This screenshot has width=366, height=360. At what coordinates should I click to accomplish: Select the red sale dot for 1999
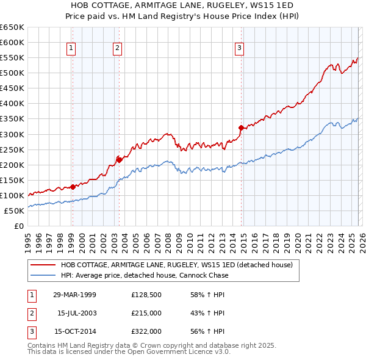point(73,187)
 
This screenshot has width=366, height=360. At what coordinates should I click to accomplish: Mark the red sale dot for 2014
point(242,128)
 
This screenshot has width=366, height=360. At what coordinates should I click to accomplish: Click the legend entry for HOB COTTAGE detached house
point(177,265)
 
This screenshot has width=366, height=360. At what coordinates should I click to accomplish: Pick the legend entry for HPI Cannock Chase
point(145,275)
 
